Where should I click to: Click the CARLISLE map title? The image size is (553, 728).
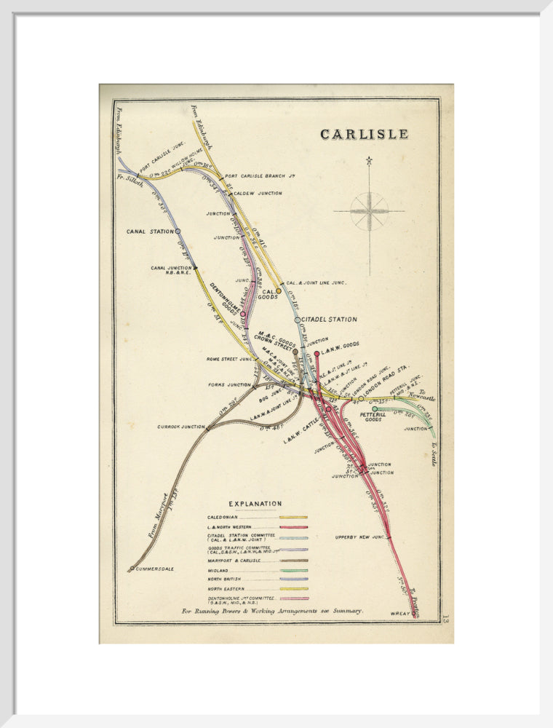pyautogui.click(x=364, y=135)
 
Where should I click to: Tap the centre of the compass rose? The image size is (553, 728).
pyautogui.click(x=369, y=211)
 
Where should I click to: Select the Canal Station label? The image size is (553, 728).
pyautogui.click(x=150, y=232)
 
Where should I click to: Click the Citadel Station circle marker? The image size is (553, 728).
pyautogui.click(x=297, y=320)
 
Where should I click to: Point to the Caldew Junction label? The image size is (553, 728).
pyautogui.click(x=258, y=194)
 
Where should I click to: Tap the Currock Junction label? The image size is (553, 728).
pyautogui.click(x=181, y=427)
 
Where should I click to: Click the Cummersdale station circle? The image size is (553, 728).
pyautogui.click(x=132, y=569)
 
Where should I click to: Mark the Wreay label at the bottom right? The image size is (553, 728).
pyautogui.click(x=399, y=614)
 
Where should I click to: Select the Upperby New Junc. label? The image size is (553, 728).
pyautogui.click(x=359, y=538)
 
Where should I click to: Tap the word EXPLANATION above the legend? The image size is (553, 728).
pyautogui.click(x=255, y=504)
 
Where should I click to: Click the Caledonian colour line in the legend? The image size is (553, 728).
pyautogui.click(x=293, y=517)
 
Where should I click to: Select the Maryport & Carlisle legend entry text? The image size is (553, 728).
pyautogui.click(x=234, y=561)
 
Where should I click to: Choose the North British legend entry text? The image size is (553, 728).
pyautogui.click(x=226, y=579)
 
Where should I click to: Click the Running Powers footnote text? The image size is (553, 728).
pyautogui.click(x=272, y=611)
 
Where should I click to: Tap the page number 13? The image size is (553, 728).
pyautogui.click(x=445, y=617)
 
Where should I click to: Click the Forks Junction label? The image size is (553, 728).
pyautogui.click(x=228, y=385)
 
